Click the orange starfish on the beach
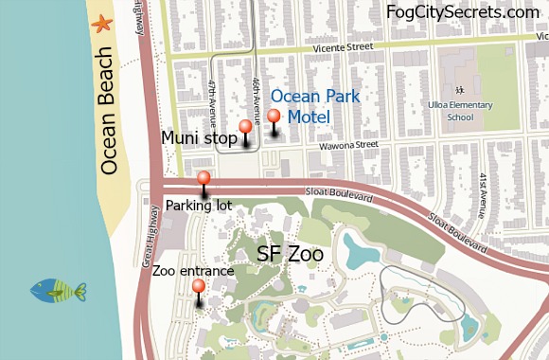coord(101,24)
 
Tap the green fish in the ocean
coord(59,290)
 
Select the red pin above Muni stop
coord(245,127)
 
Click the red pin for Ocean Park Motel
coord(274,117)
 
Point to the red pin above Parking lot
coord(204,178)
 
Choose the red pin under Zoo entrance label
coord(198,286)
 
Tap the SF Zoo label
coord(290,254)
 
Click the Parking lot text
coord(199,204)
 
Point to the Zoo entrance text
coord(193,270)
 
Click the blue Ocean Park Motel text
coord(300,106)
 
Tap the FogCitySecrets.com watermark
coord(462,12)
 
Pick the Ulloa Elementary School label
coord(459,112)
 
